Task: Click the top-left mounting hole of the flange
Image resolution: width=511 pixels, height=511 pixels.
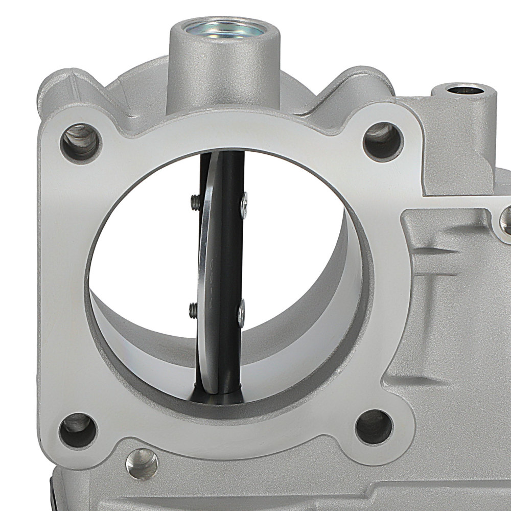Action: [81, 142]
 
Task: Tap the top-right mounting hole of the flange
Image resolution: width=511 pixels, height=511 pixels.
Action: [383, 141]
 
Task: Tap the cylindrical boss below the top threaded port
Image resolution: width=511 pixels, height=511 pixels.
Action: [224, 72]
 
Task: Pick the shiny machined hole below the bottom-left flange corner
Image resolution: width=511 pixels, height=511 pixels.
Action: [142, 463]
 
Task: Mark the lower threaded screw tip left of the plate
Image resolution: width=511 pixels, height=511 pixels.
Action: [193, 309]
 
